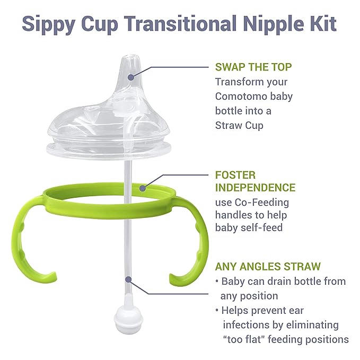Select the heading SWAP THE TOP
click(x=253, y=67)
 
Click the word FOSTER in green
click(x=235, y=174)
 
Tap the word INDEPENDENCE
click(x=255, y=188)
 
